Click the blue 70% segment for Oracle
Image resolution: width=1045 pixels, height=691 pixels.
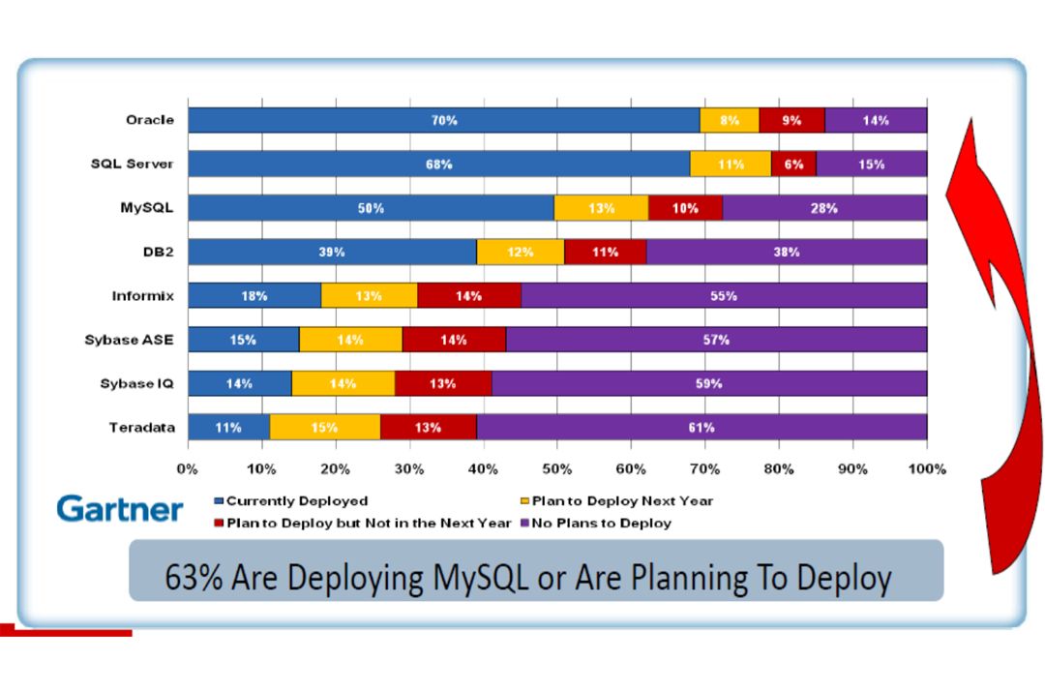(x=444, y=120)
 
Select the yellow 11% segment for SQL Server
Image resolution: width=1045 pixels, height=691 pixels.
(x=731, y=165)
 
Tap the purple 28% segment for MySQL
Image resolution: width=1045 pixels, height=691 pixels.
(x=824, y=208)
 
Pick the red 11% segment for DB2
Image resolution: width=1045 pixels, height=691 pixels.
(x=605, y=252)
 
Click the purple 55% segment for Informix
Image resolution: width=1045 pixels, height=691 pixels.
(x=724, y=296)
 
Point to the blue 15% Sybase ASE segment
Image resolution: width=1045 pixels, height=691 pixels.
(x=243, y=340)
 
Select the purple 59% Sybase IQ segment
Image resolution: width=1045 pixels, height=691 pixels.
(x=709, y=383)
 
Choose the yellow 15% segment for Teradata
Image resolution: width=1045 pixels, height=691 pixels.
(x=325, y=427)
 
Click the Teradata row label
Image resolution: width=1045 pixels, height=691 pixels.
(x=145, y=427)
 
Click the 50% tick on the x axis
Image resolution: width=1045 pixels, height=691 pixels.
(x=557, y=468)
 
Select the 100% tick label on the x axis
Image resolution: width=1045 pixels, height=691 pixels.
(x=927, y=468)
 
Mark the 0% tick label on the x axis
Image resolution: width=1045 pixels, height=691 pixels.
(x=188, y=468)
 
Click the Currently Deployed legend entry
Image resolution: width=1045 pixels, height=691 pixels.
(x=296, y=501)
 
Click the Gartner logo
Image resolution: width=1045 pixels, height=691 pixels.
(x=119, y=509)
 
